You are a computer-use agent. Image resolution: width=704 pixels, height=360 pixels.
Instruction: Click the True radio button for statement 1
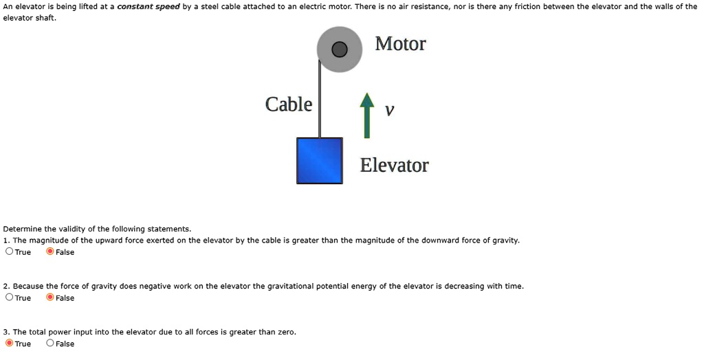pyautogui.click(x=9, y=251)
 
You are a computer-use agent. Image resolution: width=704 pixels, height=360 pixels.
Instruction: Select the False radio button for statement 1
pyautogui.click(x=50, y=251)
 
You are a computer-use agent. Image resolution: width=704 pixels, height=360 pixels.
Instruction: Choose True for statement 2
pyautogui.click(x=9, y=297)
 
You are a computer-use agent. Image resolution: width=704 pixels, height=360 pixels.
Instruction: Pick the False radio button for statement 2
pyautogui.click(x=50, y=297)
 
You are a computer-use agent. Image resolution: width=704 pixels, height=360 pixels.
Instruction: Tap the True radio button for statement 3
pyautogui.click(x=9, y=344)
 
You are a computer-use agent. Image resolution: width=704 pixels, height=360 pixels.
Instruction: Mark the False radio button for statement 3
pyautogui.click(x=50, y=344)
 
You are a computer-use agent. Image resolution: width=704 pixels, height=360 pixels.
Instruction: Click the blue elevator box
pyautogui.click(x=320, y=161)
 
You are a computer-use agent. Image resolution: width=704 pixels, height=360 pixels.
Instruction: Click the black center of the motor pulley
pyautogui.click(x=339, y=49)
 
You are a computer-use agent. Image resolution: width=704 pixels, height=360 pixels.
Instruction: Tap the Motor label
pyautogui.click(x=400, y=44)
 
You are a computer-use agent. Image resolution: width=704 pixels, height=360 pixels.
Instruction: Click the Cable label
pyautogui.click(x=289, y=104)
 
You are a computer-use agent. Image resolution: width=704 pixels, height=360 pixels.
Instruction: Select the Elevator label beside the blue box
pyautogui.click(x=394, y=166)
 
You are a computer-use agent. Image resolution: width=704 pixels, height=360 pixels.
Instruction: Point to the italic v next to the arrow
pyautogui.click(x=390, y=111)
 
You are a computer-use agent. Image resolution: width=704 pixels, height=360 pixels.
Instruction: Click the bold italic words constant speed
pyautogui.click(x=148, y=7)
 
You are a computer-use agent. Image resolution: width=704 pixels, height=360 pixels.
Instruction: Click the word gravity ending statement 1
pyautogui.click(x=505, y=240)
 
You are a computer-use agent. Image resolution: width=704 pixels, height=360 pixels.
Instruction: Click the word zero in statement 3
pyautogui.click(x=285, y=332)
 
